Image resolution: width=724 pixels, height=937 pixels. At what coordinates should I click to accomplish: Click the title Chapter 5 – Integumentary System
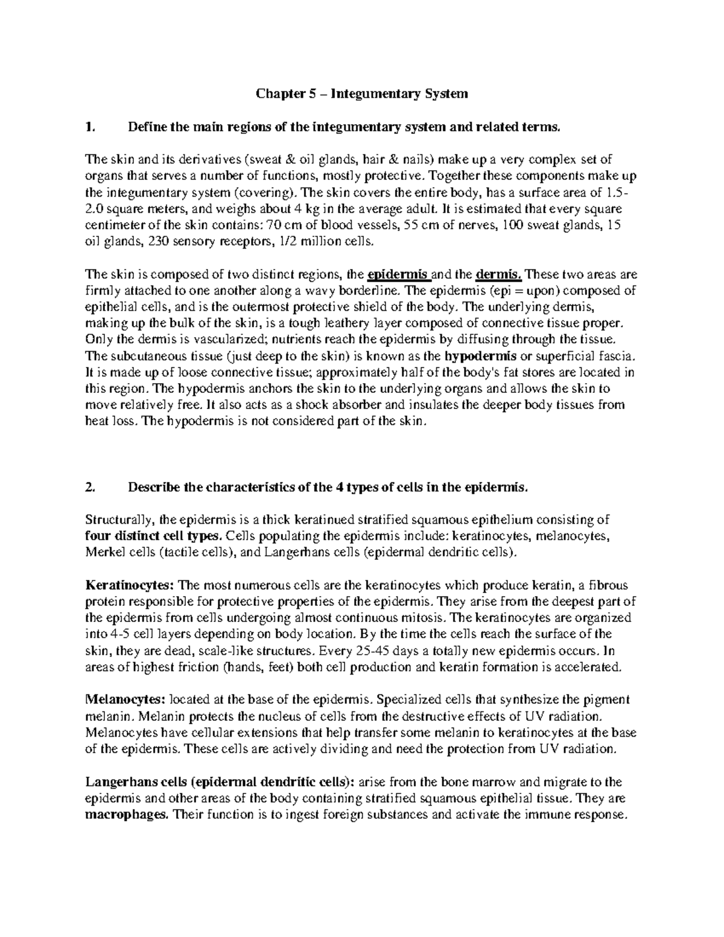pos(362,94)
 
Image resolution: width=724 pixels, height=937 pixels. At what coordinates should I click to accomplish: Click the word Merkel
pos(102,551)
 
